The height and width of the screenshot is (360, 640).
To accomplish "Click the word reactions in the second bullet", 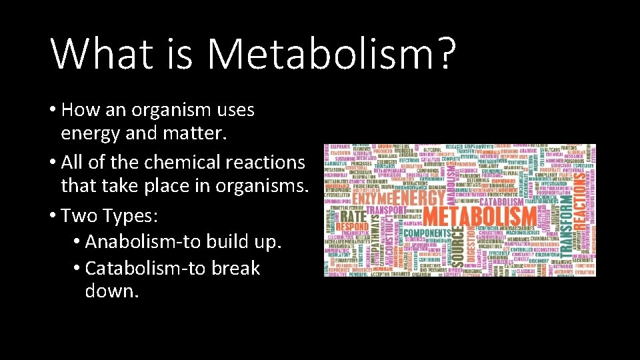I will click(x=273, y=162).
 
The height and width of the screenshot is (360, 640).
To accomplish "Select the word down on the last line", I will click(x=112, y=291).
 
